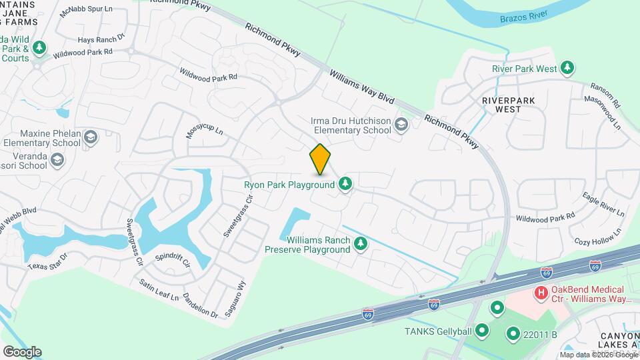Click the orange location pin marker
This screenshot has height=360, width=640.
point(321,159)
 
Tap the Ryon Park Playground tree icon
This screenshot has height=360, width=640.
point(345,183)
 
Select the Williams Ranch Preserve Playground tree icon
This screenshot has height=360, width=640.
point(361,244)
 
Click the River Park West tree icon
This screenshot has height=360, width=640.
point(567,68)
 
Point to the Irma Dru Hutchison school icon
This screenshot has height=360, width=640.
point(401,125)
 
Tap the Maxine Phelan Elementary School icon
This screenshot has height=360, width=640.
point(90,137)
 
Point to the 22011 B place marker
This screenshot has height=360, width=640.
point(513,333)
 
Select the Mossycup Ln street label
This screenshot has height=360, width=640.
point(204,131)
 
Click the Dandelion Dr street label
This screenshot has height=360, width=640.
point(200,305)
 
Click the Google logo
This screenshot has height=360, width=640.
point(22,351)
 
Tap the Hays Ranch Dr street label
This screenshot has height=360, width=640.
point(101,39)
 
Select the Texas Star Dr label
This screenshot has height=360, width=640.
point(47,261)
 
